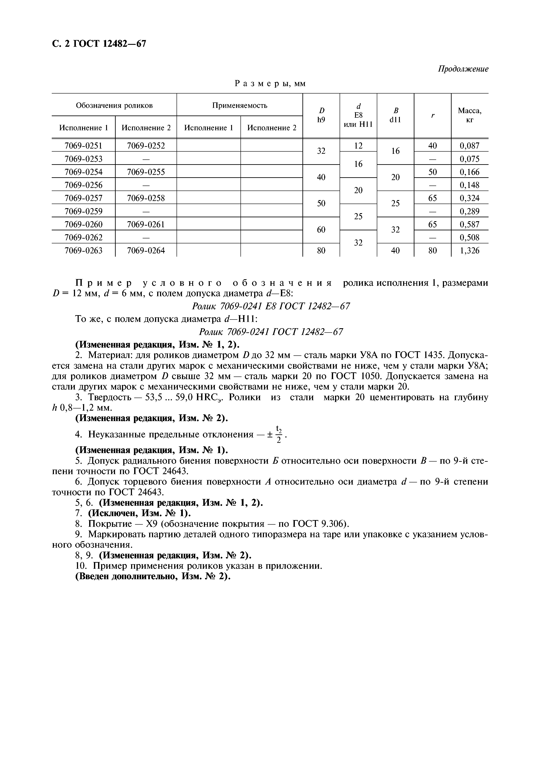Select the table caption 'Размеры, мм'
[270, 84]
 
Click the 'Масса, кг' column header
[469, 115]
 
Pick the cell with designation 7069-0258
[146, 198]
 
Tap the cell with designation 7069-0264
[146, 251]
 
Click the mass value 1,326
[469, 251]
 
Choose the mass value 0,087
[469, 146]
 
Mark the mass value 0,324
[469, 198]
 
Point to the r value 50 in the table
[432, 172]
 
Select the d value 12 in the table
[358, 146]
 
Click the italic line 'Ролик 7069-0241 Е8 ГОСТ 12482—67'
[271, 306]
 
